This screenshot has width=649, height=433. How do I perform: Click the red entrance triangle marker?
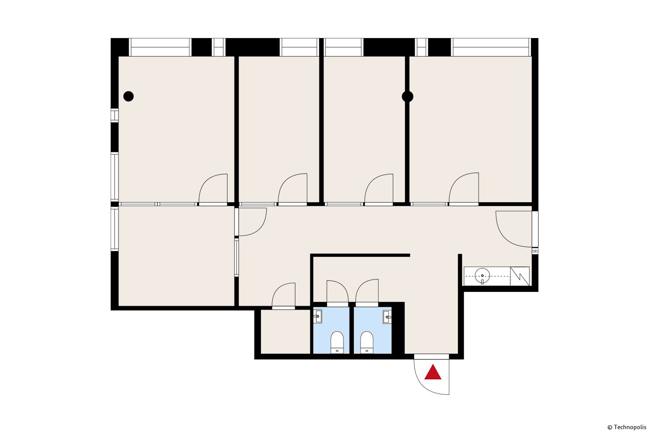click(x=433, y=373)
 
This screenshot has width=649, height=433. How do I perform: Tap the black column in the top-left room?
click(x=129, y=96)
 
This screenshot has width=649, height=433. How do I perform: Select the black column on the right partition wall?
click(x=408, y=97)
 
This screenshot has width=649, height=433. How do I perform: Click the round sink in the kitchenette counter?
click(x=482, y=275)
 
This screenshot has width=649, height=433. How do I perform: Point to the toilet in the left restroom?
click(x=337, y=342)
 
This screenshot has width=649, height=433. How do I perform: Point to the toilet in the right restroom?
click(x=367, y=342)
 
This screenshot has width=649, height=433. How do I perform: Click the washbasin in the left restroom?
click(x=318, y=317)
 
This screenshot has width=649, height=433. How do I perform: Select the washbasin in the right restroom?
click(x=387, y=317)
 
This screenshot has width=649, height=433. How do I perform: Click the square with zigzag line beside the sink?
click(x=520, y=276)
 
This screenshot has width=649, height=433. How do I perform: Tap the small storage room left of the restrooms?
click(x=286, y=332)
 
